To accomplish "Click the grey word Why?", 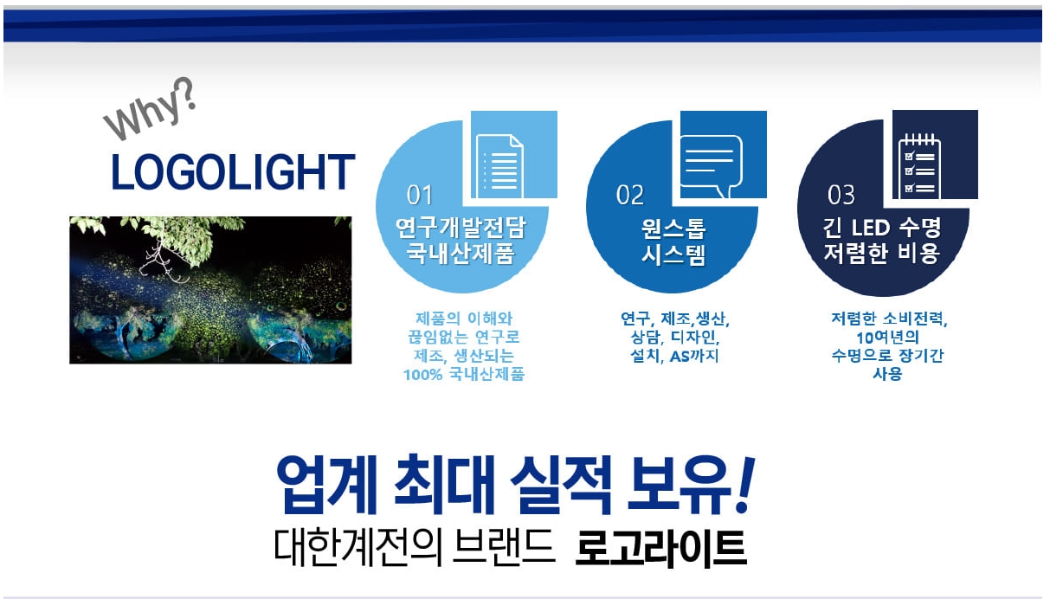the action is coord(149,109).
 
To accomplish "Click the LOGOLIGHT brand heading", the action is coord(233,172).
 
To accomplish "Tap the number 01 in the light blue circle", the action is coord(419,195).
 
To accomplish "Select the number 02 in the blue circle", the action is coord(629,195).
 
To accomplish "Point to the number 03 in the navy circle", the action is coord(841,195).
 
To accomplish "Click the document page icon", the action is coord(499,166).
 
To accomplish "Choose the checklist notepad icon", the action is coord(919,165).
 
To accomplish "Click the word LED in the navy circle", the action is coord(871,229).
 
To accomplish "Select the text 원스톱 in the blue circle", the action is coord(673,229).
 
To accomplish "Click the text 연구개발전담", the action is coord(461,228).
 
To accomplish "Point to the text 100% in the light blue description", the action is coord(422,375).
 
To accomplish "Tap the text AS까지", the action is coord(693,357).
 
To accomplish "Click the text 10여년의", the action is coord(887,338).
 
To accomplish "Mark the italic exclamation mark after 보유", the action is coord(744,484).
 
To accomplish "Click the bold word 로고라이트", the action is coord(660,548).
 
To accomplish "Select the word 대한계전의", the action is coord(358,547).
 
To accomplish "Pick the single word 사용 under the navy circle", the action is coord(887,374).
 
